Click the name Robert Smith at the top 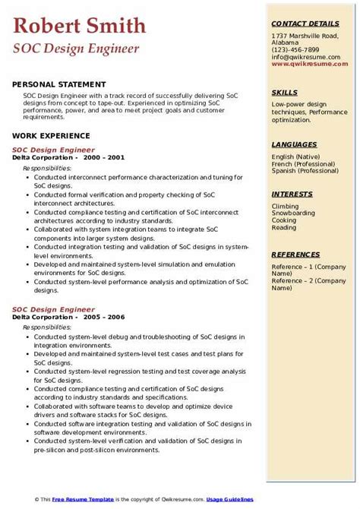(79, 27)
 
